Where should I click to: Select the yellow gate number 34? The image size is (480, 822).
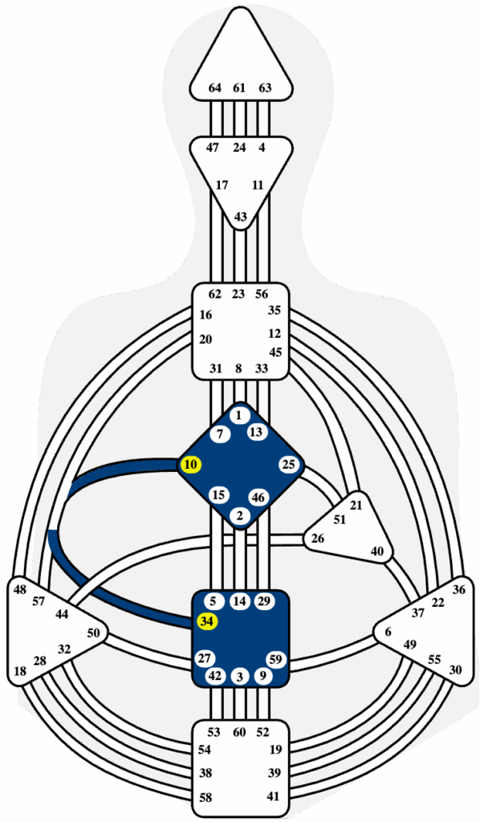pyautogui.click(x=207, y=622)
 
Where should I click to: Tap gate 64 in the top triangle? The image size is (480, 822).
pyautogui.click(x=215, y=88)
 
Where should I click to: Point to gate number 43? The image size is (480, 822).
pyautogui.click(x=240, y=216)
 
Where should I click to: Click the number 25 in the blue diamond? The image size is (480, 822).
pyautogui.click(x=289, y=465)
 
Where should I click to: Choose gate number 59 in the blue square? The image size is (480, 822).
pyautogui.click(x=277, y=659)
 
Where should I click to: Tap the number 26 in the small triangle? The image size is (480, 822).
pyautogui.click(x=318, y=539)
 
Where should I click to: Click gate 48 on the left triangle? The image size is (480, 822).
pyautogui.click(x=20, y=590)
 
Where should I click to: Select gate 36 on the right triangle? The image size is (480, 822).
pyautogui.click(x=459, y=589)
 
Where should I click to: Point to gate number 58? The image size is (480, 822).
pyautogui.click(x=206, y=798)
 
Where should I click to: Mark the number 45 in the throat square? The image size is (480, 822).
pyautogui.click(x=275, y=352)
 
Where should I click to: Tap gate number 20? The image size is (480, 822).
pyautogui.click(x=206, y=340)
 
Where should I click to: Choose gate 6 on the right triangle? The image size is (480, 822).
pyautogui.click(x=388, y=633)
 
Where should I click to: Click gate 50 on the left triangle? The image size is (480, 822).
pyautogui.click(x=93, y=633)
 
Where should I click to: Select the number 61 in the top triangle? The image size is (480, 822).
pyautogui.click(x=239, y=88)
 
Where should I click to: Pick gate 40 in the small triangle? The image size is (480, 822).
pyautogui.click(x=376, y=551)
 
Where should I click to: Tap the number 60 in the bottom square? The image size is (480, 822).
pyautogui.click(x=239, y=732)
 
